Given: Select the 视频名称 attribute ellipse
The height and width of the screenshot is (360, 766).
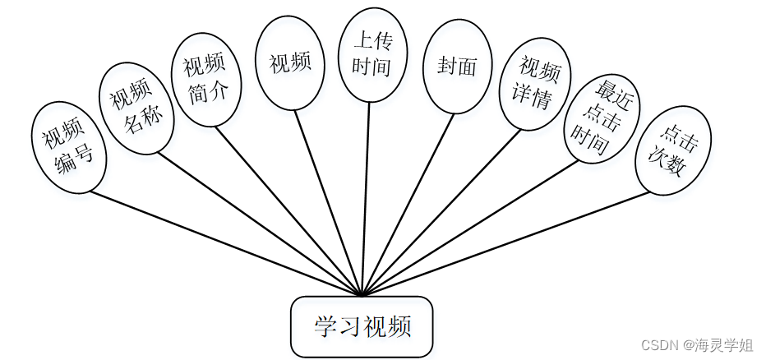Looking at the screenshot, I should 136,110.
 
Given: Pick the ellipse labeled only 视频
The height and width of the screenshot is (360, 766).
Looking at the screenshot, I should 290,62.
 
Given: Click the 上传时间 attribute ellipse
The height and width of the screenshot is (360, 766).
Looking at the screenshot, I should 371,54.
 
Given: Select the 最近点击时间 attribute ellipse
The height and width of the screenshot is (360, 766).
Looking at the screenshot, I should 602,118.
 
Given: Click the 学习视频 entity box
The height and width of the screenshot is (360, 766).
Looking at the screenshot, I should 362,326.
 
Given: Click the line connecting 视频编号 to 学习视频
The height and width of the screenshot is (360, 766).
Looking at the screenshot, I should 226,242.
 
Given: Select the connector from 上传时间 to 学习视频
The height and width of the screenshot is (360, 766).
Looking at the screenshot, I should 366,197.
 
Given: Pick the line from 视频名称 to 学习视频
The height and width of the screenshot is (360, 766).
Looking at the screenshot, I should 259,224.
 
